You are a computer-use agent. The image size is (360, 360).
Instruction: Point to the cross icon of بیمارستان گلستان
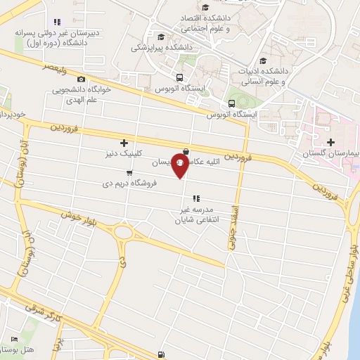pyautogui.click(x=330, y=143)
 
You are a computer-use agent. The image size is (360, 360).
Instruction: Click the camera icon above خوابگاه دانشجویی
pyautogui.click(x=82, y=80)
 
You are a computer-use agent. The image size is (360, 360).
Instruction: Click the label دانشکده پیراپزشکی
pyautogui.click(x=157, y=48)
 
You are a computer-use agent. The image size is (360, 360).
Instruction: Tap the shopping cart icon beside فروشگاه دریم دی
pyautogui.click(x=129, y=173)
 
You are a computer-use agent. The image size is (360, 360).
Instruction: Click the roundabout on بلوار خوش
pyautogui.click(x=125, y=233)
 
